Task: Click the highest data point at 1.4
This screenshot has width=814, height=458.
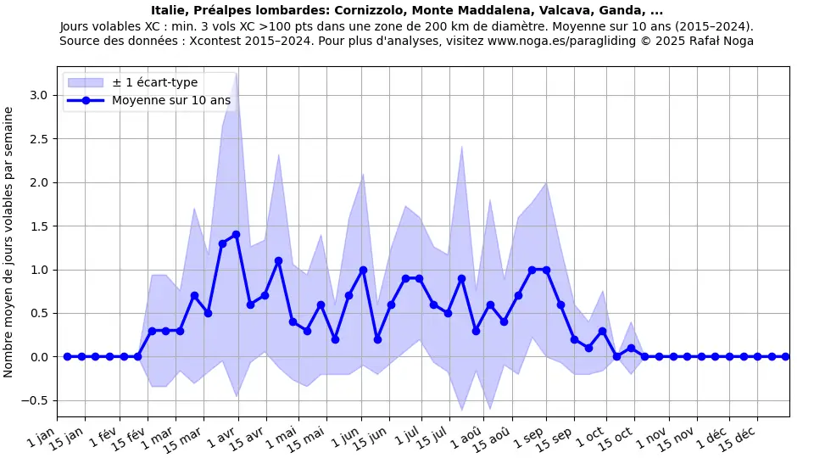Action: click(x=236, y=235)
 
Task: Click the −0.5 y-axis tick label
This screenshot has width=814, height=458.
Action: click(x=36, y=400)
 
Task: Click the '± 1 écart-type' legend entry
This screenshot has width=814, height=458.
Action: click(x=154, y=82)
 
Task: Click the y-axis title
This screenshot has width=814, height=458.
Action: click(x=9, y=242)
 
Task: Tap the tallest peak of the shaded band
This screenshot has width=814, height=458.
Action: click(x=236, y=74)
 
